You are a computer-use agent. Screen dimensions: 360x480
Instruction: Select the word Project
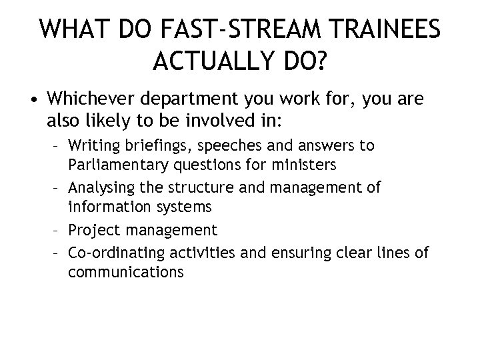[94, 231]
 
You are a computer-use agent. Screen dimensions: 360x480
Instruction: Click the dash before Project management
[58, 231]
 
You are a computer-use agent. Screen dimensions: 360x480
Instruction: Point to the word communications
[125, 273]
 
